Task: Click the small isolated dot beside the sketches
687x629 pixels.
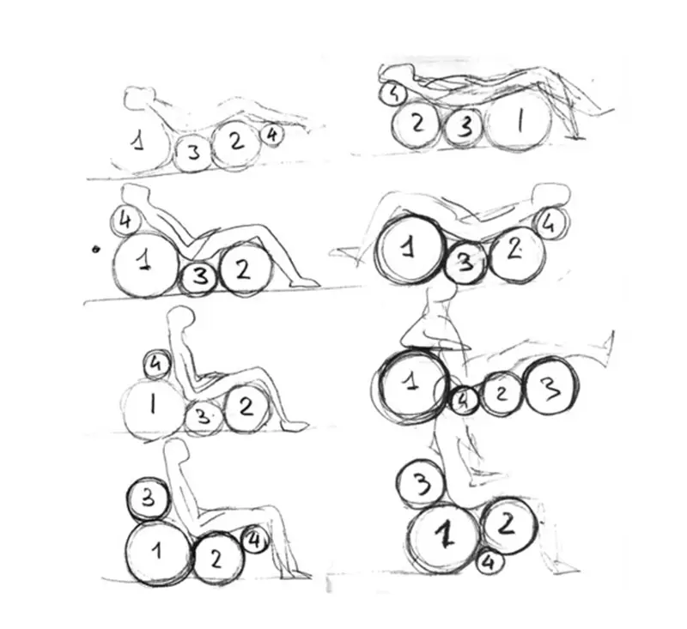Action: point(96,250)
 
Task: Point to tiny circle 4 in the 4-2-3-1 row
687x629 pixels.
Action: point(393,94)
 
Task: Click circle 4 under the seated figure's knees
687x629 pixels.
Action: point(254,541)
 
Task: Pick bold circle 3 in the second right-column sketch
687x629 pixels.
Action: point(465,263)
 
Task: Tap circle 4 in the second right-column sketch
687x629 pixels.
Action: point(550,224)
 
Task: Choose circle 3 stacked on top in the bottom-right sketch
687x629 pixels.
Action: point(421,485)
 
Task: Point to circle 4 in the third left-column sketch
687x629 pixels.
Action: point(156,364)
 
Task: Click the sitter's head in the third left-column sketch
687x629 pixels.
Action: point(181,317)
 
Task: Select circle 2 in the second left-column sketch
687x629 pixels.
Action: point(245,269)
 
